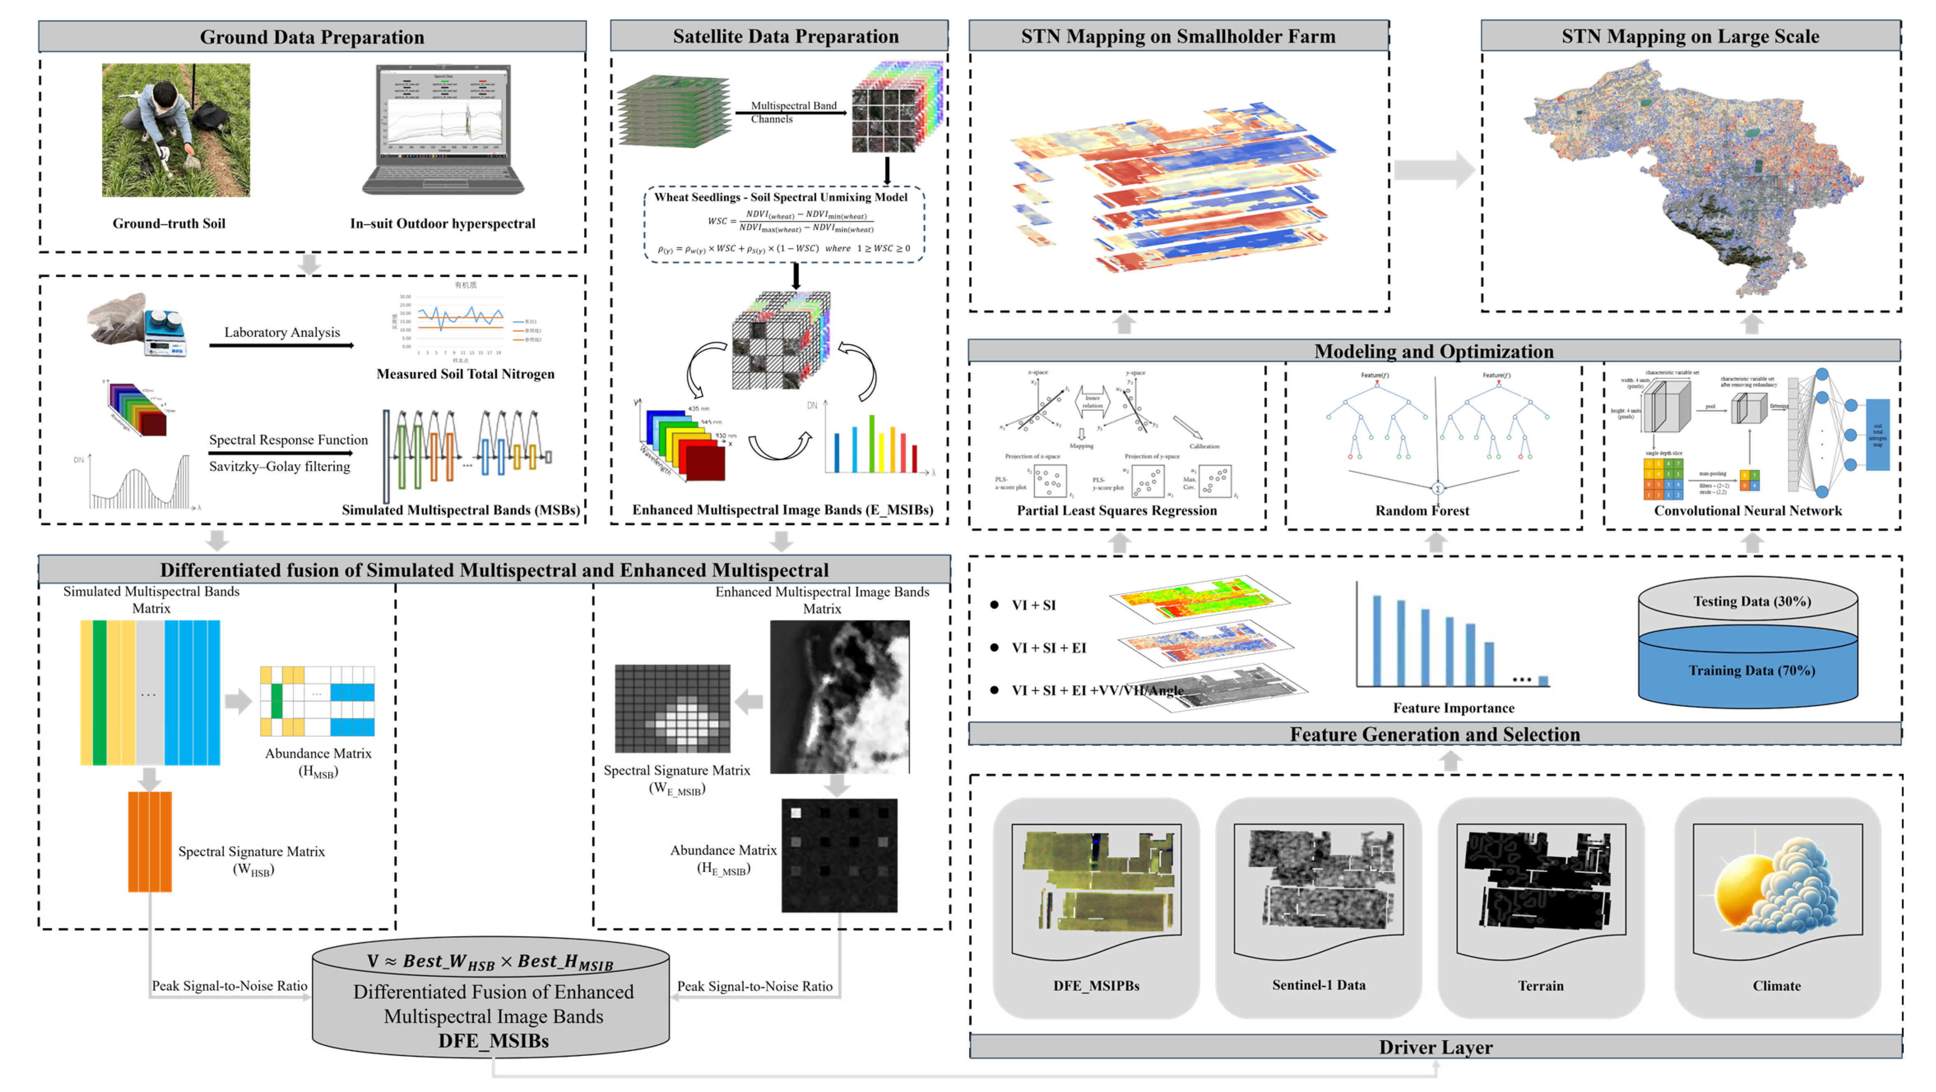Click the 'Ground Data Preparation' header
coord(312,37)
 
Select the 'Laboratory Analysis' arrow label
coord(282,332)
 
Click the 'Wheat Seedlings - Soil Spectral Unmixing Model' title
coord(780,197)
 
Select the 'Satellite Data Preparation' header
coord(785,36)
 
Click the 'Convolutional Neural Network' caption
coord(1747,510)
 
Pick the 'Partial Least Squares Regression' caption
coord(1117,510)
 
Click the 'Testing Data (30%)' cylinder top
coord(1751,601)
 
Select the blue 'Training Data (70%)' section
coord(1751,670)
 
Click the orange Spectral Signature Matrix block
coord(150,842)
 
